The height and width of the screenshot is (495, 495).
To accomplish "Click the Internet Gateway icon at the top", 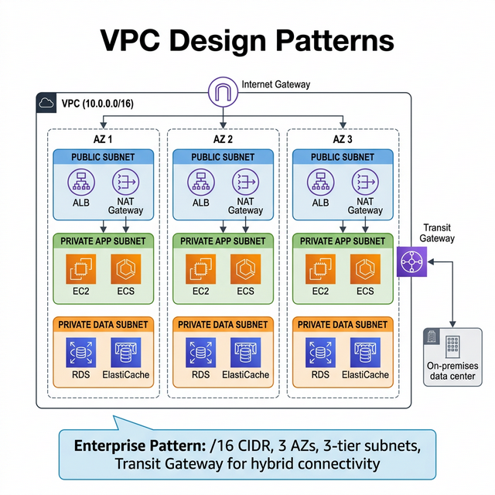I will pyautogui.click(x=223, y=93).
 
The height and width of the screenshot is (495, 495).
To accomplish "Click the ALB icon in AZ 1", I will pyautogui.click(x=80, y=183).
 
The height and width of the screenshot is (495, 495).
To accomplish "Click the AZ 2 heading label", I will pyautogui.click(x=223, y=139).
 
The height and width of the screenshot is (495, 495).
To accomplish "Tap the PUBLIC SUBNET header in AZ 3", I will pyautogui.click(x=343, y=157).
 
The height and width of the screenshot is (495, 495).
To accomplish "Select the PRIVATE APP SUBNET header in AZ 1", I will pyautogui.click(x=103, y=241).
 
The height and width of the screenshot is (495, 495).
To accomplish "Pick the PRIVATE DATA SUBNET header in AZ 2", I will pyautogui.click(x=223, y=324).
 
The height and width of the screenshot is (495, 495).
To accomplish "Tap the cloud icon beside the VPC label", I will pyautogui.click(x=46, y=102).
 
